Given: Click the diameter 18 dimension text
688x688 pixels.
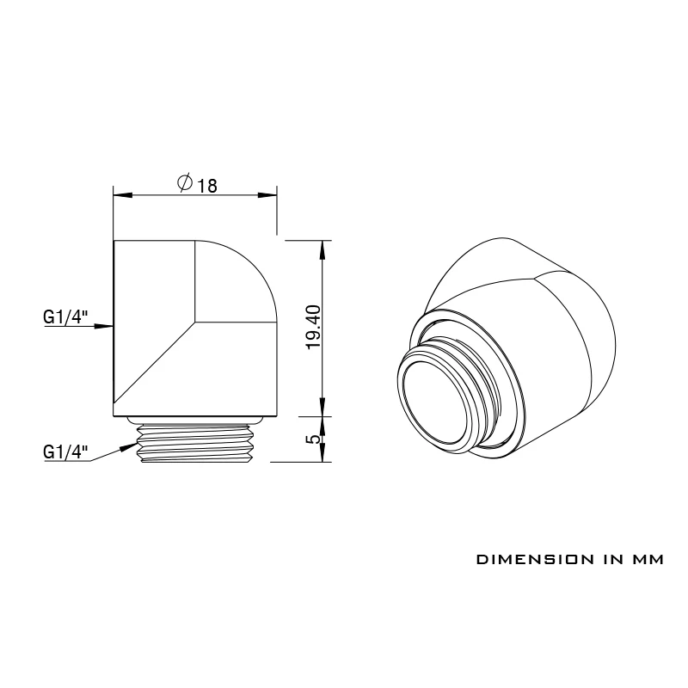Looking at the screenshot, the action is coord(198,184).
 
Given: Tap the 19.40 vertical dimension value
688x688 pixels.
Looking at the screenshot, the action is coord(315,328).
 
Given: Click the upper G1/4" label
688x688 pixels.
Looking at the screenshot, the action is coord(66,316).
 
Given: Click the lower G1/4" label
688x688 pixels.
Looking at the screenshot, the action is coord(66,451).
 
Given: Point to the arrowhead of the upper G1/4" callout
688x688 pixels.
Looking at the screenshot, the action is coord(104,326).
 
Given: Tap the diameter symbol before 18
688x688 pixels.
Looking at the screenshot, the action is coord(185,182).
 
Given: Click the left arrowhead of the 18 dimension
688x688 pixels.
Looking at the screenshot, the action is coord(123,195).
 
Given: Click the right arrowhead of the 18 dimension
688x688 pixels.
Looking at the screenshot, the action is coord(267,195).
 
